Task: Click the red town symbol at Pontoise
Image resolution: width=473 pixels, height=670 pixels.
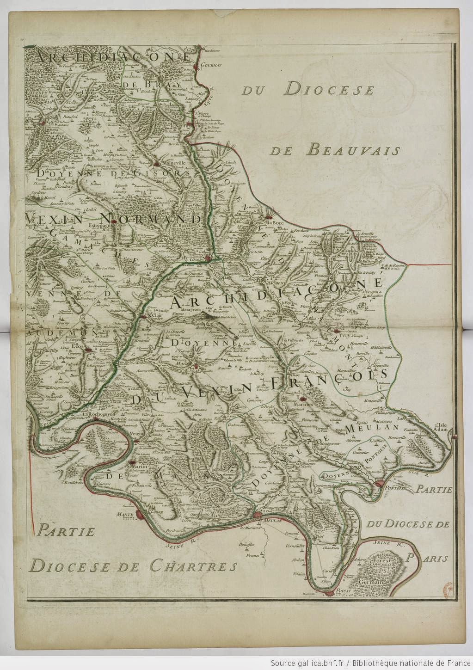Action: coord(380,484)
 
